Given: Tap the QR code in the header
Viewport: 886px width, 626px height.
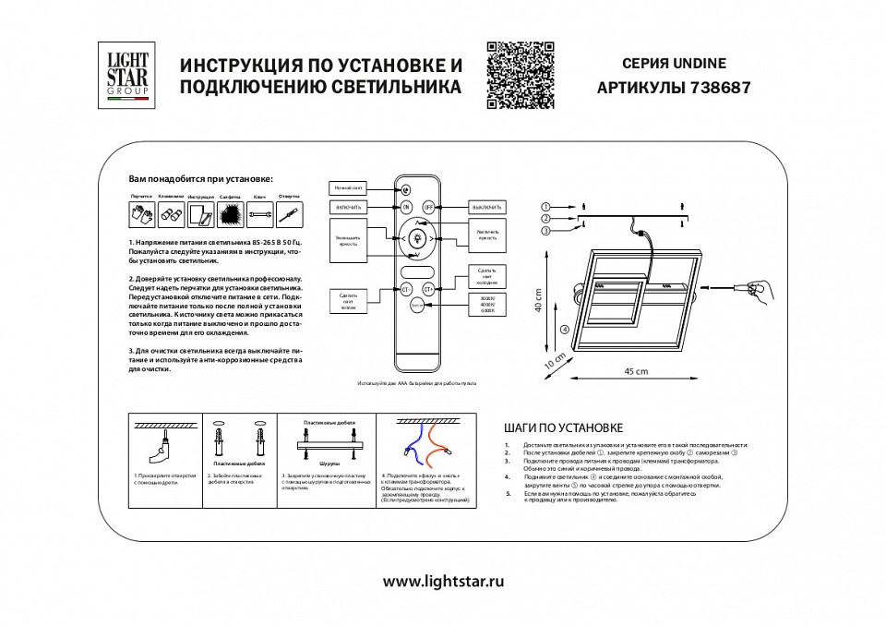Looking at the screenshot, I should point(519,76).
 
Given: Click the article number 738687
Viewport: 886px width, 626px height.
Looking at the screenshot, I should point(720,90).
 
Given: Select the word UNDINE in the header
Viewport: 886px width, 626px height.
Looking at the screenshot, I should point(701,64).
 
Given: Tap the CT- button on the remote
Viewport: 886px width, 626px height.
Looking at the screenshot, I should point(405,289).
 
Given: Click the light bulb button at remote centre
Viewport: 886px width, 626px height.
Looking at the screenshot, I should point(417,239).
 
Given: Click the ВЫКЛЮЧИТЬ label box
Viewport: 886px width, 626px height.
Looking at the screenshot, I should point(486,207).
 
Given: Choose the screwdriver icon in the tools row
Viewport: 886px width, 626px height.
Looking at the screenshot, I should point(290,216).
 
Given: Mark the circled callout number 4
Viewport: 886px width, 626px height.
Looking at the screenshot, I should point(563,329).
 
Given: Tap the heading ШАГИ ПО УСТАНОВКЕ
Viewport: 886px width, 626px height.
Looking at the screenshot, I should point(564,428).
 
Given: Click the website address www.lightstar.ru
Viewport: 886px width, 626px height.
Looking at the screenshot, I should point(443,582).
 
